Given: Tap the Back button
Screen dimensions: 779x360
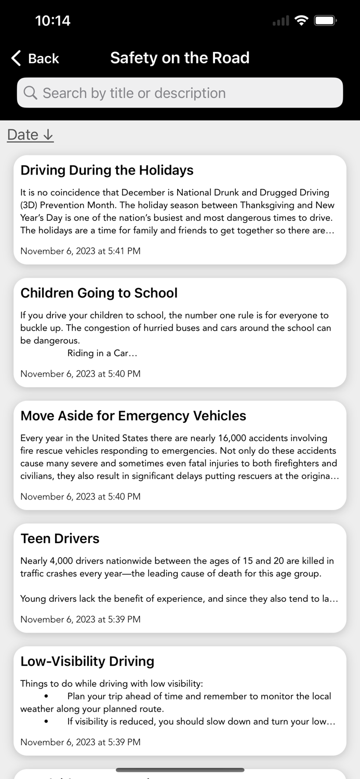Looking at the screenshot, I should (35, 58).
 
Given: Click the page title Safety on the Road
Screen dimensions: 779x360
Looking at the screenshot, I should (180, 58).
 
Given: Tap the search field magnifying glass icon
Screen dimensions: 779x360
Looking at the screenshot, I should (31, 93).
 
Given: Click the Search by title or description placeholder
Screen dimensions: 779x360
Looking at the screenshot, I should (134, 93).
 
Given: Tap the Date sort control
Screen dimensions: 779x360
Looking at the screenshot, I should (30, 135).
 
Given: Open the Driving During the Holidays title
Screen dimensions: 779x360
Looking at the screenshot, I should (107, 170).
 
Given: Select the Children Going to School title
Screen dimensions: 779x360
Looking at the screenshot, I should (99, 293).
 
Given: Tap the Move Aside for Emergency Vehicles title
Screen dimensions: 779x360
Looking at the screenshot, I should (134, 415).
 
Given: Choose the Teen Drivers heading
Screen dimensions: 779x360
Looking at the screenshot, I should (60, 539).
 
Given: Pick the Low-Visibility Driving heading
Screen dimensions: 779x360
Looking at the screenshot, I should (87, 661).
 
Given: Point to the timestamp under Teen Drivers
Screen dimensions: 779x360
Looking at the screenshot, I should (81, 619).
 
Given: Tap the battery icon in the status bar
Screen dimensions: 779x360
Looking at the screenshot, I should (326, 21).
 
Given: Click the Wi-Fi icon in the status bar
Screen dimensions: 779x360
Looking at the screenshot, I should (301, 21).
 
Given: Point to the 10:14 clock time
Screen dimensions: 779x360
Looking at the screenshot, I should (52, 21).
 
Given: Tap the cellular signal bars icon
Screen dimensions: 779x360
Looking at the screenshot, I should (281, 21).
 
